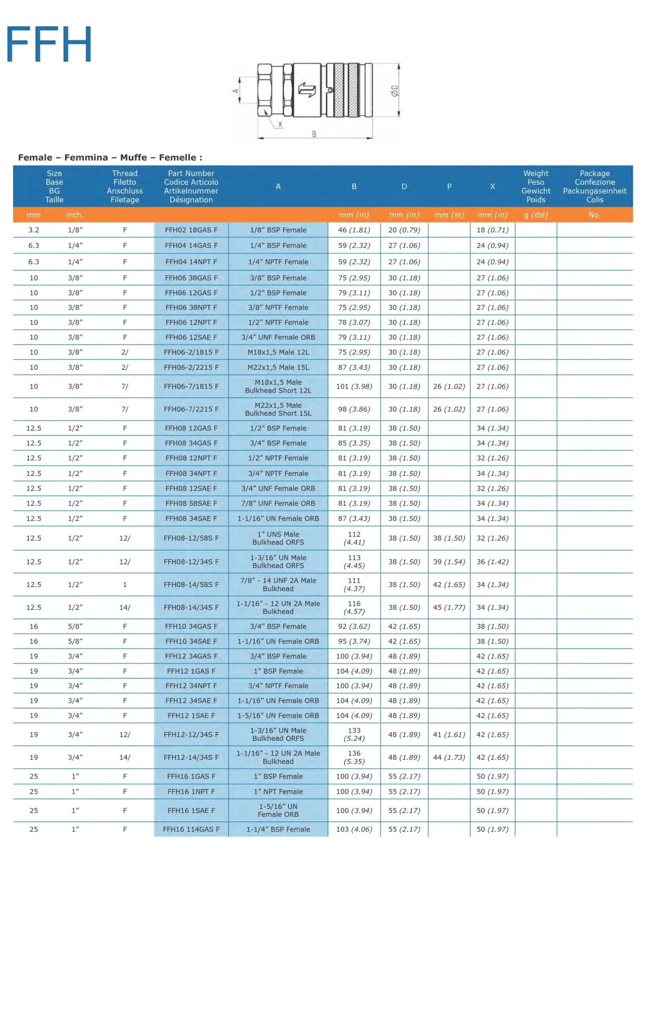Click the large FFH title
(x=49, y=44)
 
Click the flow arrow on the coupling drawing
(x=307, y=90)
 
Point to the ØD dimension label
(x=395, y=91)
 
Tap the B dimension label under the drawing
(x=314, y=134)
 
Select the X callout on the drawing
(x=280, y=124)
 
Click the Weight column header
(x=535, y=186)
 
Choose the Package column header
(x=595, y=186)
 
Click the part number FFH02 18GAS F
(x=191, y=230)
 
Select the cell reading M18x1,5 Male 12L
(x=278, y=353)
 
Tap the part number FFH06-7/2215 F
(x=191, y=410)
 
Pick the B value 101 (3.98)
(x=354, y=387)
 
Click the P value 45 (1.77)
(x=449, y=608)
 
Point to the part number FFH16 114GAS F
(x=191, y=830)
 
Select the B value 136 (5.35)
(x=354, y=757)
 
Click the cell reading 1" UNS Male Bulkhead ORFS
(x=278, y=539)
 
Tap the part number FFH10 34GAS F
(x=191, y=627)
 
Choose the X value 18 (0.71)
(x=492, y=230)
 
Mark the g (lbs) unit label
(x=535, y=215)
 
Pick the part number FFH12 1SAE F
(x=191, y=716)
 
